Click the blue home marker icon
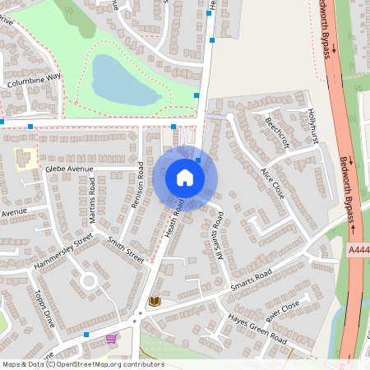coord(185,178)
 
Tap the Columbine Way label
coord(35,81)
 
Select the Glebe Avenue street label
coord(71,169)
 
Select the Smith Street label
coord(126,249)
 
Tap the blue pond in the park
coord(125,80)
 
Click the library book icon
coord(155,302)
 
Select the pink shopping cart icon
coord(111,339)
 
